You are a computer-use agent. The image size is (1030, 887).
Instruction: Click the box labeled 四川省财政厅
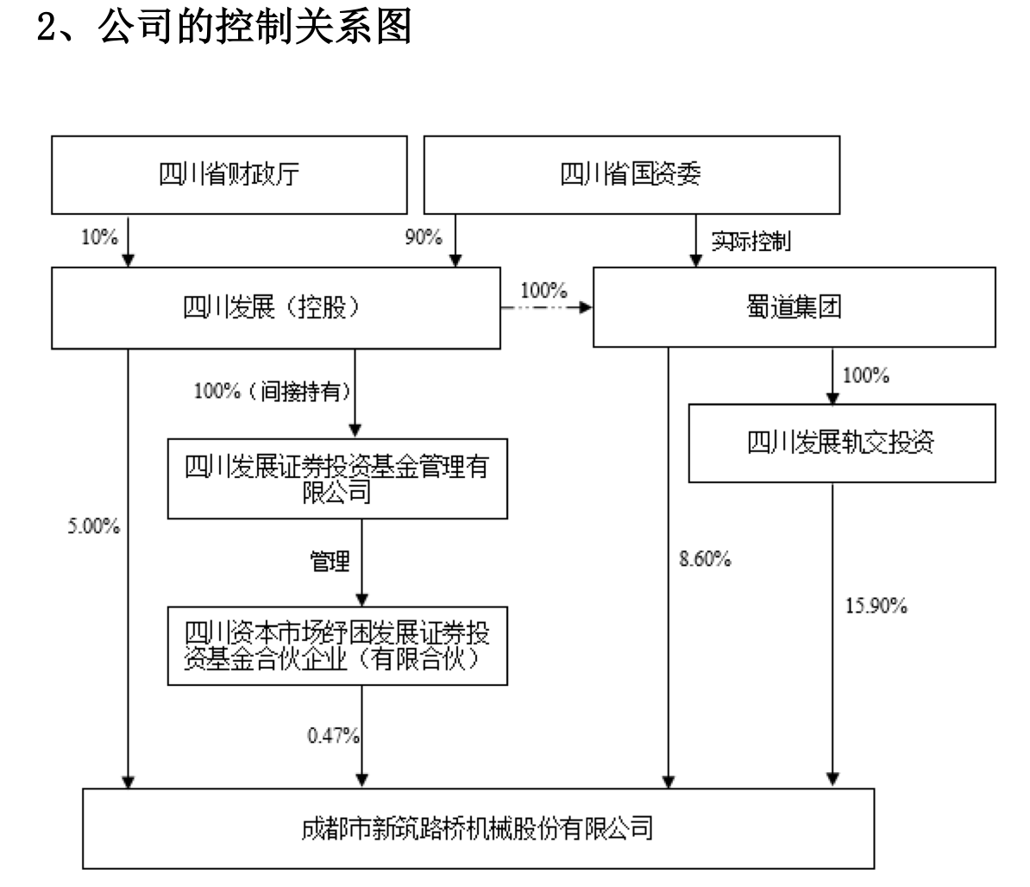click(229, 174)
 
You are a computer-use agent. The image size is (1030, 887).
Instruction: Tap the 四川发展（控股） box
click(276, 308)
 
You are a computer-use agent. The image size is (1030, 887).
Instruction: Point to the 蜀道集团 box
click(794, 308)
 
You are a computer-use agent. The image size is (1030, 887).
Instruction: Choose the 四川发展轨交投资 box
click(841, 443)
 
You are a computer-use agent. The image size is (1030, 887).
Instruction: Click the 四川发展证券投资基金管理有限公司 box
click(337, 479)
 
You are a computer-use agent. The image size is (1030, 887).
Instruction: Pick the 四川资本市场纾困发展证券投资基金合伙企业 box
click(337, 645)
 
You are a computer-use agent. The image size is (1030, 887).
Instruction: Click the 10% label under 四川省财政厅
click(99, 237)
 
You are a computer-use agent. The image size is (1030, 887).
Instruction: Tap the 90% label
click(424, 237)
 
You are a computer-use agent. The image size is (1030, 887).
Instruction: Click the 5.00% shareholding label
click(94, 526)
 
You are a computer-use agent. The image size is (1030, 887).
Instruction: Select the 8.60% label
click(705, 560)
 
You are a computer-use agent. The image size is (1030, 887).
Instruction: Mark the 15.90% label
click(876, 607)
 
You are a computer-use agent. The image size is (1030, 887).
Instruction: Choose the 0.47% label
click(333, 735)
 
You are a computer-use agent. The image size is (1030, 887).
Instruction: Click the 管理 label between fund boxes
click(330, 562)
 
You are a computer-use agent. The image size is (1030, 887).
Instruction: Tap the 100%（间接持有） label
click(272, 392)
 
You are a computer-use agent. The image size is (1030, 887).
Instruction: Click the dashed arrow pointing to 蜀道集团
click(547, 307)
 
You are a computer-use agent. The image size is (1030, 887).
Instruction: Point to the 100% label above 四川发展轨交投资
click(865, 376)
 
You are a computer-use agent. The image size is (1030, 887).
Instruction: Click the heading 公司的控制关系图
click(254, 28)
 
